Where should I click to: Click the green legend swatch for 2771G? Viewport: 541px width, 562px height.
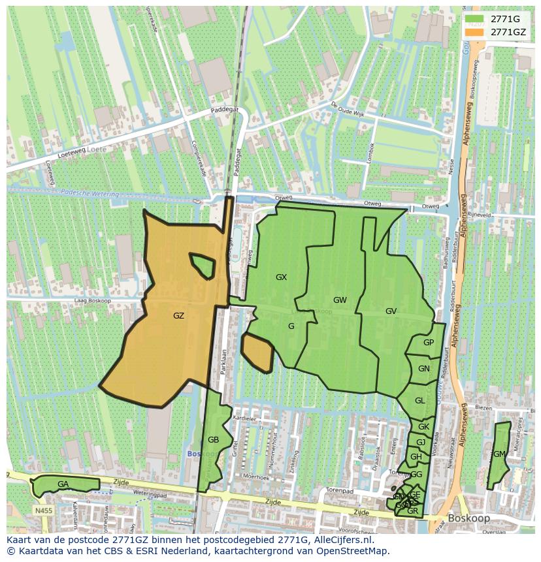474,19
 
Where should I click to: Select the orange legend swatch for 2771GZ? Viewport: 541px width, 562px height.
474,31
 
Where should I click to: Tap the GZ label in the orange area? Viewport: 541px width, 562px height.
178,316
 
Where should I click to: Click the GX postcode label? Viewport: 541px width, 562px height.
281,277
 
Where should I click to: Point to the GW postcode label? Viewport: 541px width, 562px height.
340,300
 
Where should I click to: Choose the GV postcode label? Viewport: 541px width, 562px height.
391,311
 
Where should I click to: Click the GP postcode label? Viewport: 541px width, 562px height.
428,343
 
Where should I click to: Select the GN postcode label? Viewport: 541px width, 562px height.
424,369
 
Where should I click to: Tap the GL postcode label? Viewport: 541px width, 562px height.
419,401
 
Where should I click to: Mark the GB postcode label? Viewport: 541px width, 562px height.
213,440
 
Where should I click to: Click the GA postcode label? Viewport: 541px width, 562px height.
63,484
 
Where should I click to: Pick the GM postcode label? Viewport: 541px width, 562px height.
499,454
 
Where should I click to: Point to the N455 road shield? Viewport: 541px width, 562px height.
44,510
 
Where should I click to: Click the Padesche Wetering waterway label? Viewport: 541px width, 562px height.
90,194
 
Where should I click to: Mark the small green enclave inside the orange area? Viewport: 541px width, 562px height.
203,265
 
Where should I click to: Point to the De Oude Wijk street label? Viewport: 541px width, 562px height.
346,108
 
